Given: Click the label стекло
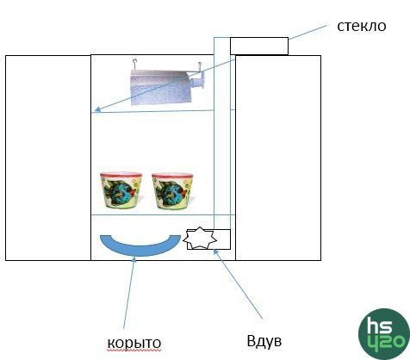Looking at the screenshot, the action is pyautogui.click(x=362, y=26).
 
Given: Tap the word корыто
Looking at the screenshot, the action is pyautogui.click(x=134, y=343).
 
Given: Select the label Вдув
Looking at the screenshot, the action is pyautogui.click(x=264, y=340).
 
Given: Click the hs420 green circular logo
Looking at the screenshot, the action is pyautogui.click(x=384, y=334).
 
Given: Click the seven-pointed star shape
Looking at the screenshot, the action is pyautogui.click(x=200, y=239).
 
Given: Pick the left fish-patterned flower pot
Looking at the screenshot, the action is pyautogui.click(x=121, y=190).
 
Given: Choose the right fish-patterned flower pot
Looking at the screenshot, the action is pyautogui.click(x=173, y=191).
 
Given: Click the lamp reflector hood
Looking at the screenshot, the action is pyautogui.click(x=160, y=88).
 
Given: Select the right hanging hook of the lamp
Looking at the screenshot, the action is pyautogui.click(x=200, y=66).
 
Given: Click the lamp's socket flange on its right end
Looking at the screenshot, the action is pyautogui.click(x=202, y=80).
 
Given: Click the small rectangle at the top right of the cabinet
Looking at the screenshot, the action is pyautogui.click(x=259, y=46).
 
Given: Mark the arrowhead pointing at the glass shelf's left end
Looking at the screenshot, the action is pyautogui.click(x=97, y=109).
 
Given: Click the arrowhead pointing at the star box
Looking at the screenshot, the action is pyautogui.click(x=216, y=252).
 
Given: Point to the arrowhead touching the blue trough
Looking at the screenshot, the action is pyautogui.click(x=134, y=259).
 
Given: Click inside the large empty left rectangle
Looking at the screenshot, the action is pyautogui.click(x=48, y=158).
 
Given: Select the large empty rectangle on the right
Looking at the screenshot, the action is pyautogui.click(x=278, y=158).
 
